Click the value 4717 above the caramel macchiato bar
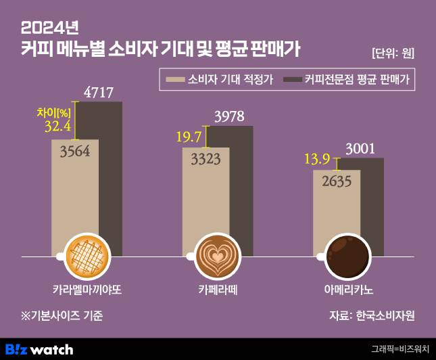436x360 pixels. [98, 92]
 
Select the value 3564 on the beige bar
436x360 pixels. [75, 152]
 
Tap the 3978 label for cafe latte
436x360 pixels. [229, 116]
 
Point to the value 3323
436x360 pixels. [205, 160]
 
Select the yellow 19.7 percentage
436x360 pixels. [189, 137]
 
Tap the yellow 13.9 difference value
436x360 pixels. [317, 160]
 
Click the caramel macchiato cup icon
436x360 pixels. [86, 257]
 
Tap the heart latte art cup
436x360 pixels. [217, 257]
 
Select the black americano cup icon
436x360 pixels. [347, 257]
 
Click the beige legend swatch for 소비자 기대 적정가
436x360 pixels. [176, 79]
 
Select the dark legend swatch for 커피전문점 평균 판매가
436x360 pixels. [292, 79]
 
